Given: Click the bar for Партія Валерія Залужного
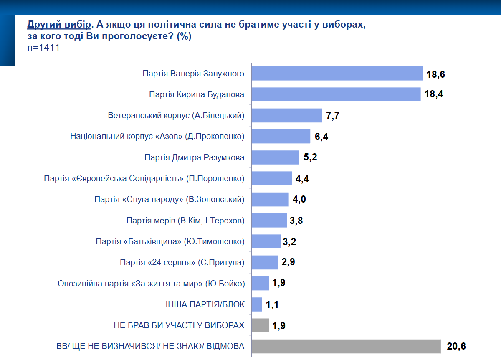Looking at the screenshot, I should (x=337, y=74).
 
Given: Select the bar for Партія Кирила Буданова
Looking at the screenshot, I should (x=337, y=94).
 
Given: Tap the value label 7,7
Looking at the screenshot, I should (x=333, y=116).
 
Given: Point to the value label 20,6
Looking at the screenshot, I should (x=455, y=346).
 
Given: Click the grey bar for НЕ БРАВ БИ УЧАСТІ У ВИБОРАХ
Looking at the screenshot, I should (x=261, y=325).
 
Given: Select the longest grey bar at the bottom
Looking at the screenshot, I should (x=347, y=346).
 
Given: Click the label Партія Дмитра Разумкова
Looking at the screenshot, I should (x=194, y=157).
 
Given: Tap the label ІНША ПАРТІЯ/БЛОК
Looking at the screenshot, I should (x=205, y=304).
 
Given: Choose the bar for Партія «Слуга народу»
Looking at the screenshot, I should (x=271, y=199).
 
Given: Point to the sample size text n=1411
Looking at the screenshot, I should (x=43, y=48).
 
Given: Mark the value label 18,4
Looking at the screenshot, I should (x=433, y=94).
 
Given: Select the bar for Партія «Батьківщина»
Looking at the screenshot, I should (x=267, y=241).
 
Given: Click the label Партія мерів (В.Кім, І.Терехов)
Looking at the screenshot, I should (x=185, y=221).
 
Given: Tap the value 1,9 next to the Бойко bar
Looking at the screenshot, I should (x=278, y=284).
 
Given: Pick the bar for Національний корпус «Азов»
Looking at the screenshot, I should (x=281, y=137).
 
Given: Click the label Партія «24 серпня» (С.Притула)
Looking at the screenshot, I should (x=182, y=263).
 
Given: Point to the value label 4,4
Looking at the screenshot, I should (x=302, y=179).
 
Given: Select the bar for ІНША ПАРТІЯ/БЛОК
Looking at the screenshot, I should (x=257, y=304).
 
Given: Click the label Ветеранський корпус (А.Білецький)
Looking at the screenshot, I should (x=176, y=115).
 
